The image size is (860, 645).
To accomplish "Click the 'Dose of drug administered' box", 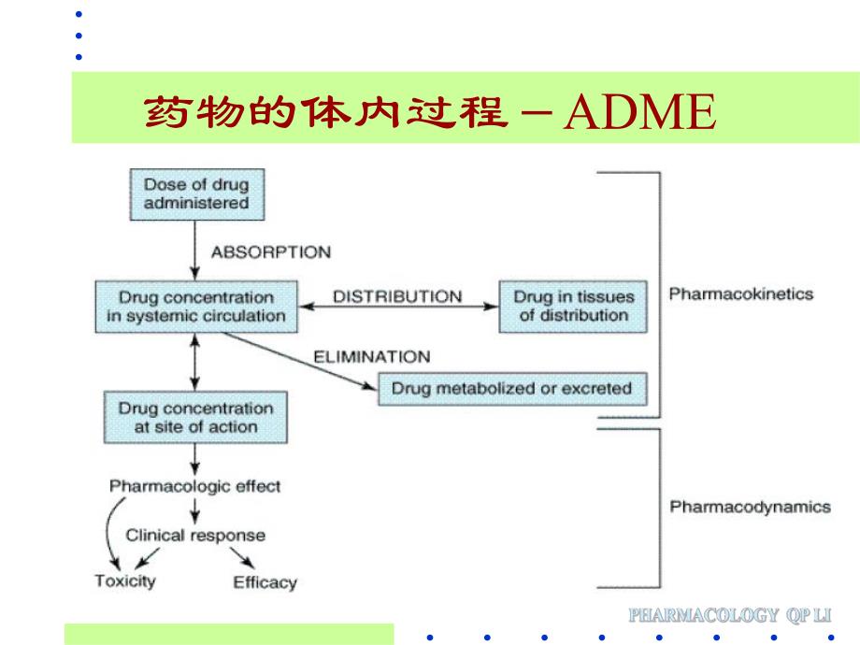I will pyautogui.click(x=195, y=193).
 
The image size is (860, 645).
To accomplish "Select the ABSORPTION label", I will pyautogui.click(x=270, y=252).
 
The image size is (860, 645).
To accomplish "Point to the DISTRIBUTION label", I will pyautogui.click(x=397, y=296).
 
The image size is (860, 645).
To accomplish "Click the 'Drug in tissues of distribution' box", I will pyautogui.click(x=573, y=307).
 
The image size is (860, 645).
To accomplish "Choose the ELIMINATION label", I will pyautogui.click(x=371, y=356).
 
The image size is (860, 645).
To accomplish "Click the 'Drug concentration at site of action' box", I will pyautogui.click(x=195, y=418).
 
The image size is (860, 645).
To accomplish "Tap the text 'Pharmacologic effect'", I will pyautogui.click(x=194, y=486).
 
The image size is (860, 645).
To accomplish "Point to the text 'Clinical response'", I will pyautogui.click(x=195, y=536).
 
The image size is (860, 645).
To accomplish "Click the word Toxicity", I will pyautogui.click(x=125, y=580).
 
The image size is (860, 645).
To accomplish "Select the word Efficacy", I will pyautogui.click(x=265, y=581).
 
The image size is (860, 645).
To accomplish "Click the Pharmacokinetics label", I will pyautogui.click(x=740, y=294).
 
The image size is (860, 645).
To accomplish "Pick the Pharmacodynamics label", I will pyautogui.click(x=749, y=507).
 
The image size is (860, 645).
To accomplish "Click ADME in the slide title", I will pyautogui.click(x=641, y=113).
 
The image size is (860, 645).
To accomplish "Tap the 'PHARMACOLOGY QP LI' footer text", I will pyautogui.click(x=730, y=615).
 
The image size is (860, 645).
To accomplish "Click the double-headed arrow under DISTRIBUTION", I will pyautogui.click(x=398, y=308).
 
